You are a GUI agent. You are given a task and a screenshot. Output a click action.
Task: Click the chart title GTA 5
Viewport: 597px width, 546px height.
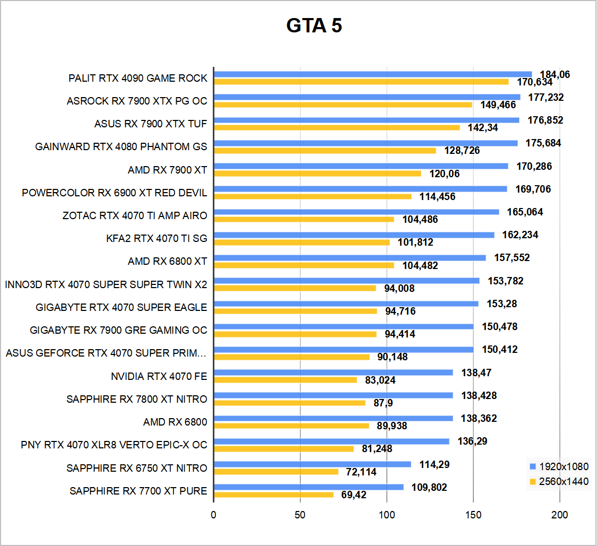(314, 25)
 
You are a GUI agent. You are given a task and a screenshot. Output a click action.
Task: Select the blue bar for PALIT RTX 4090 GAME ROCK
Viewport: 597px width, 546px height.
(373, 74)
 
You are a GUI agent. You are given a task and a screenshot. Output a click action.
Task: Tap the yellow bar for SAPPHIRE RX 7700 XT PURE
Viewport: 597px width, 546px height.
(274, 495)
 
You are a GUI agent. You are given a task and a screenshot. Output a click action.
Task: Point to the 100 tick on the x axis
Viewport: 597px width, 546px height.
(387, 515)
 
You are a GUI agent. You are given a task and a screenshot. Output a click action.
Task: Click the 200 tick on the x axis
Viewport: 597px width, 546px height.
(560, 515)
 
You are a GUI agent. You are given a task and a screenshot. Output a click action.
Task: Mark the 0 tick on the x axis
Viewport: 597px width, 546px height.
(213, 515)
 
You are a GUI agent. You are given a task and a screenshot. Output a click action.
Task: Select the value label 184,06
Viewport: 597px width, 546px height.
(555, 75)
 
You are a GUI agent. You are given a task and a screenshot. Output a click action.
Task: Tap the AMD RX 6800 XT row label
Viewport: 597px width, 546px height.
(167, 261)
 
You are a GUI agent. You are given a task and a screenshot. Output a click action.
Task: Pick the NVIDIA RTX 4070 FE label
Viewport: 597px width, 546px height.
(159, 377)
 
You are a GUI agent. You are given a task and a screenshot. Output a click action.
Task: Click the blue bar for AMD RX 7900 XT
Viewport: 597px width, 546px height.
(361, 166)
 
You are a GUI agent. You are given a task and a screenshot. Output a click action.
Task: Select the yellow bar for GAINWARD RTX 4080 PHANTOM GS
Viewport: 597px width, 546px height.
(325, 150)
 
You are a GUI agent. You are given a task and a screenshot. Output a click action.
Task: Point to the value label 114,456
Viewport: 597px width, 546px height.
(434, 197)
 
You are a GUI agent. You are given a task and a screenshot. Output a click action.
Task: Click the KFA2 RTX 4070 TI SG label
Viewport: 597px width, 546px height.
(157, 238)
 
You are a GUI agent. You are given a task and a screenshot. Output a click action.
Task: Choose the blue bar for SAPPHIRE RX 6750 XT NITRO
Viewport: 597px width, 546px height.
(312, 464)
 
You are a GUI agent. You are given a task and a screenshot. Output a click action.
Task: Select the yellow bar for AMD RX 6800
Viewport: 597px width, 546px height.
(291, 426)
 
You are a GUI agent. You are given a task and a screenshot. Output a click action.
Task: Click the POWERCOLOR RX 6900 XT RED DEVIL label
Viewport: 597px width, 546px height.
(115, 193)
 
